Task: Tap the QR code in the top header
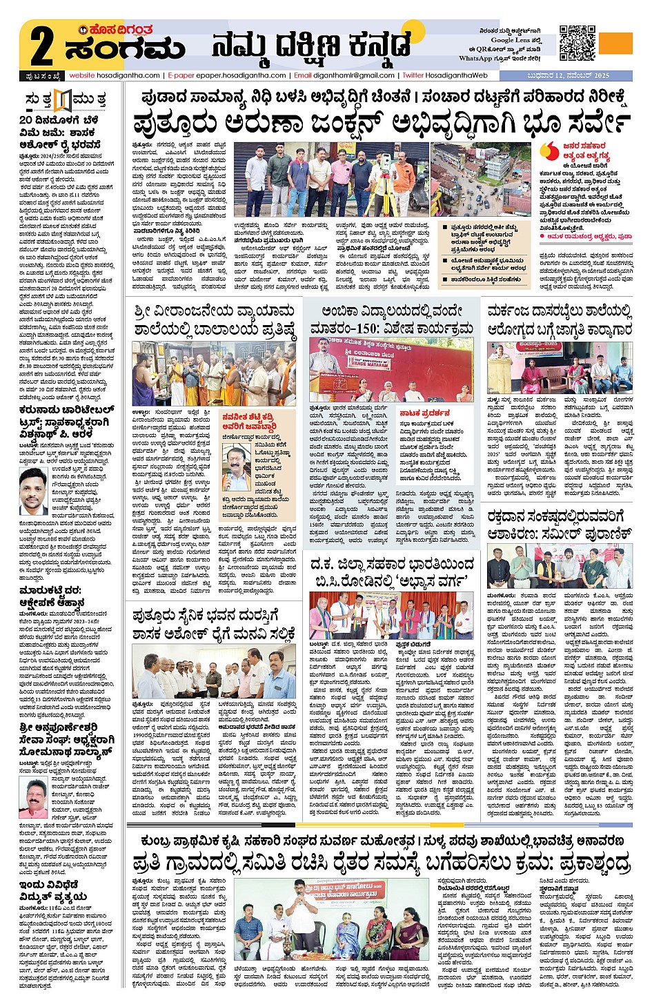[x=576, y=43]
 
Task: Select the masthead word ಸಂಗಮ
[x=124, y=49]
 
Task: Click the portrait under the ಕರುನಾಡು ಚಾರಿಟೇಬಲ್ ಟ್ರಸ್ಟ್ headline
[x=32, y=491]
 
